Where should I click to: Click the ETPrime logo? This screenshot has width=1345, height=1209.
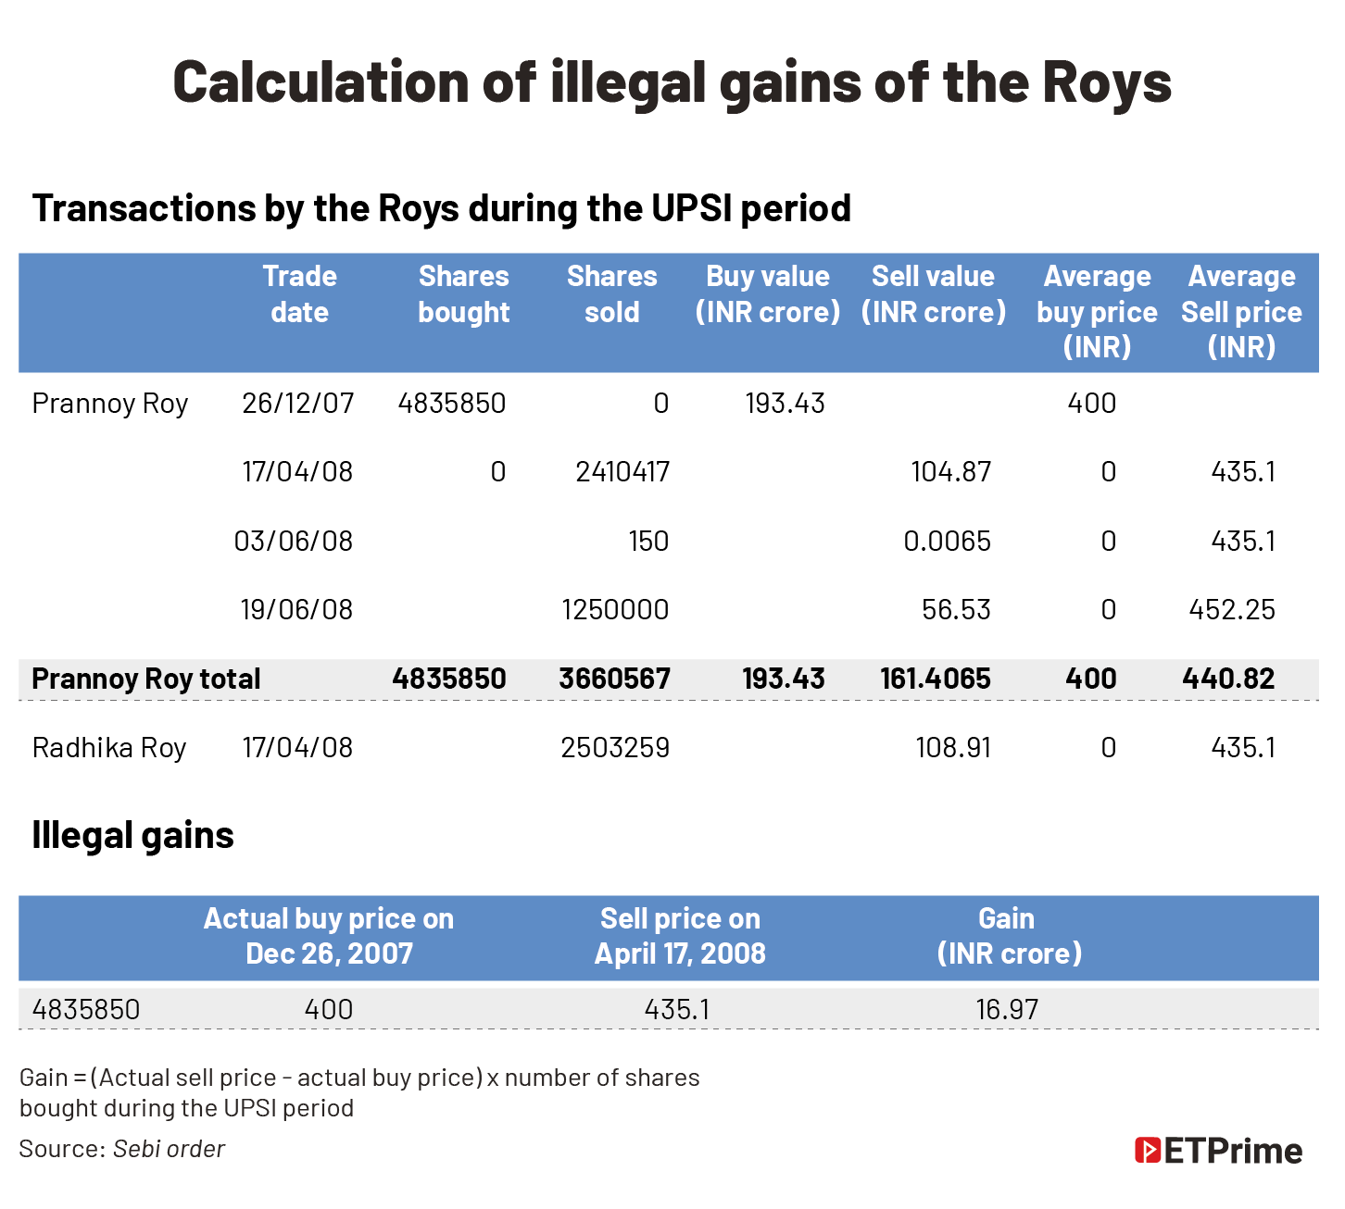point(1218,1151)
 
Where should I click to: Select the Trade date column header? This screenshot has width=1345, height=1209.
point(299,293)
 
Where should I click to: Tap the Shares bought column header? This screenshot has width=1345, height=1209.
point(463,293)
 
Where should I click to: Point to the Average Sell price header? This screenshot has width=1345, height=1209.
point(1241,311)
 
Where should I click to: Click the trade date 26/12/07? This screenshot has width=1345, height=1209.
point(297,403)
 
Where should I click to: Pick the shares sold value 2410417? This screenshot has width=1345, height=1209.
point(622,472)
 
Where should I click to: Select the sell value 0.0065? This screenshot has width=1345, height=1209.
point(947,541)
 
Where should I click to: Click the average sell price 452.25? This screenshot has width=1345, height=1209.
point(1232,609)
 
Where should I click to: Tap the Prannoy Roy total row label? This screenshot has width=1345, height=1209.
point(146,679)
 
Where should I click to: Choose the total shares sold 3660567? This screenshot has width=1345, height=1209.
point(614,679)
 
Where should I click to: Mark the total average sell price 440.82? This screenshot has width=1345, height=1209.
point(1228,679)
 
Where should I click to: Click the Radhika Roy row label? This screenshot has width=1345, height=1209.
point(109,747)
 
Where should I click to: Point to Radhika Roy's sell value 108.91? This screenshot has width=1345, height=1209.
point(953,747)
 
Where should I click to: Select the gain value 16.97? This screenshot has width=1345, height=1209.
point(1007,1008)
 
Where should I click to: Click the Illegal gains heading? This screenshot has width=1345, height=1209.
point(132,835)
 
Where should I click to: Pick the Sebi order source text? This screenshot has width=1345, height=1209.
point(169,1149)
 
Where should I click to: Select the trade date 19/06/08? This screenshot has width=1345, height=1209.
point(296,609)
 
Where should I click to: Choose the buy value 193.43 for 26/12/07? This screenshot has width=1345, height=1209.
point(785,403)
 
